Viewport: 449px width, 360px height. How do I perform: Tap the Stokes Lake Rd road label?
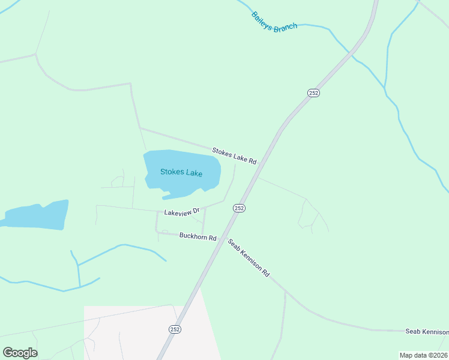[x=234, y=156]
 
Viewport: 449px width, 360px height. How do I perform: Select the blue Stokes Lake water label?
[x=181, y=173]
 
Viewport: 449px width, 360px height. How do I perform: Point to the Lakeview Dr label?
[x=181, y=212]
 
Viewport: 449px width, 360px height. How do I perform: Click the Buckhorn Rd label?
[x=197, y=237]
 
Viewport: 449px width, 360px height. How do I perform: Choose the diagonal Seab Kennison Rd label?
[x=248, y=258]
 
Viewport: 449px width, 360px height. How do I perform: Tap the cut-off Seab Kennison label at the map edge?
[x=427, y=332]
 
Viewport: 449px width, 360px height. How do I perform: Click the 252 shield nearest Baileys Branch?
[x=313, y=93]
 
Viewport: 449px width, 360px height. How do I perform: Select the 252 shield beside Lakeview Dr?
[x=239, y=208]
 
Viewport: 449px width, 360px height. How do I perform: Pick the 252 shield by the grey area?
[x=174, y=329]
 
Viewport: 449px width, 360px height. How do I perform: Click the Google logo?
[x=20, y=352]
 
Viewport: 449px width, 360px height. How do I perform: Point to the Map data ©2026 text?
[x=423, y=355]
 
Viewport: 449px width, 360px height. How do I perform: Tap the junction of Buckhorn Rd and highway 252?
[x=222, y=236]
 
